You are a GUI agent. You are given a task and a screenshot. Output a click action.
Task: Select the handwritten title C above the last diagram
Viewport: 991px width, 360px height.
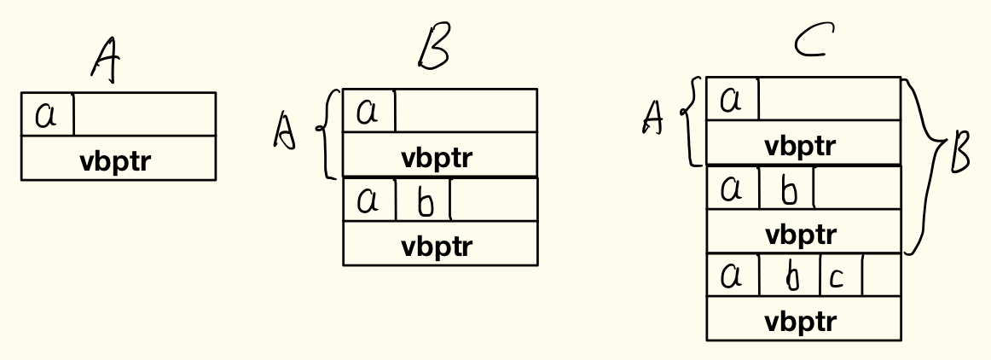click(x=814, y=40)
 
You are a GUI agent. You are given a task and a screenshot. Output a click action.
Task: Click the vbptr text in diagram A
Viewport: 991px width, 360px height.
click(x=116, y=160)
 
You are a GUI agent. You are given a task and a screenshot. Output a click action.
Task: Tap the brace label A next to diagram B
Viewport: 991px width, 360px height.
click(x=284, y=132)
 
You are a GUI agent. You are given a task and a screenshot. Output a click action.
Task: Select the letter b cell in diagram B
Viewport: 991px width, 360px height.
click(x=425, y=201)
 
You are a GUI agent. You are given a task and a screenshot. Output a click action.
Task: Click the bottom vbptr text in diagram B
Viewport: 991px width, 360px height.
click(x=437, y=247)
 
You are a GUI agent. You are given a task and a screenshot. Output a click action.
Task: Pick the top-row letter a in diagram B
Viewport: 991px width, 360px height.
click(x=368, y=112)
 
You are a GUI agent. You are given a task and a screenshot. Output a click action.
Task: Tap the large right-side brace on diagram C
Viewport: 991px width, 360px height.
click(x=924, y=165)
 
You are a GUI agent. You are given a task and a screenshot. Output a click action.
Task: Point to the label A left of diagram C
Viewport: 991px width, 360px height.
click(x=653, y=118)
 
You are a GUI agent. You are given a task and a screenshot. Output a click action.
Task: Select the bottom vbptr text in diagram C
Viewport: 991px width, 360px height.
click(x=801, y=322)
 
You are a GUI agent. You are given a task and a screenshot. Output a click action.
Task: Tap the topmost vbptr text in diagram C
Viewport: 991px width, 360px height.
click(x=801, y=146)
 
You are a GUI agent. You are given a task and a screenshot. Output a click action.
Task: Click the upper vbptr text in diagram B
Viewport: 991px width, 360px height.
click(x=437, y=158)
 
